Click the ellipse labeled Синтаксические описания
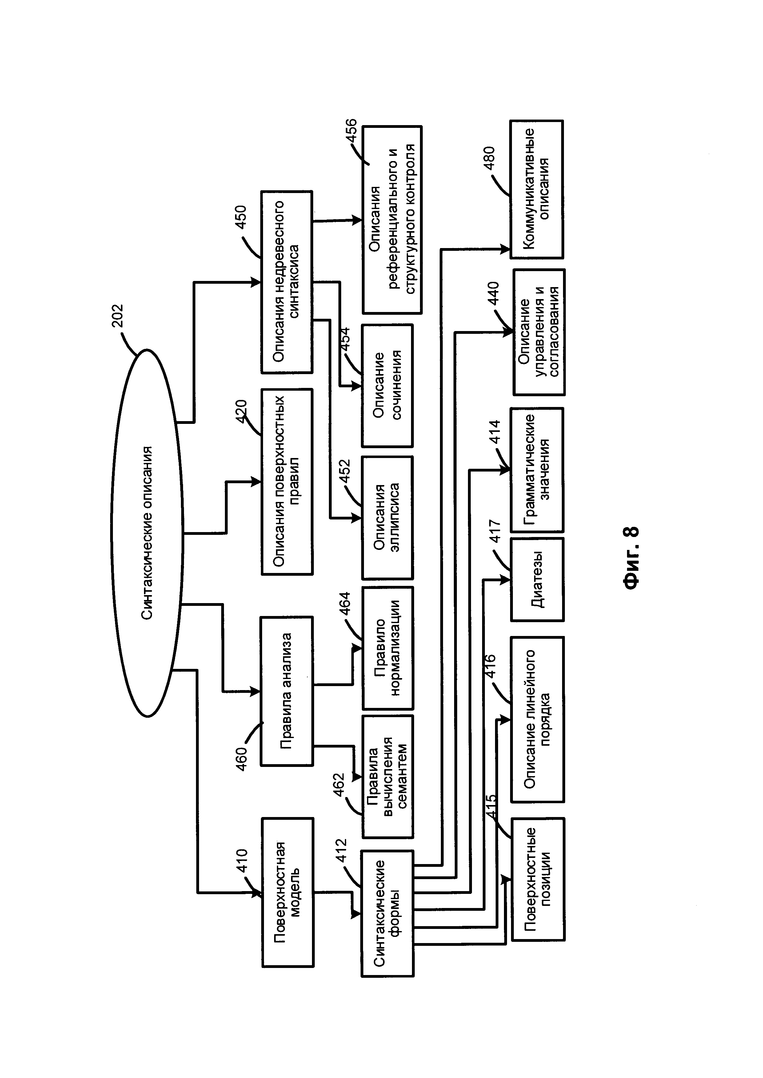pyautogui.click(x=146, y=533)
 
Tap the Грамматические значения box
pyautogui.click(x=537, y=469)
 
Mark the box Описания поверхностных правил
pyautogui.click(x=287, y=481)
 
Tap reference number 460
pyautogui.click(x=241, y=758)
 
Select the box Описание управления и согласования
pyautogui.click(x=539, y=332)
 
